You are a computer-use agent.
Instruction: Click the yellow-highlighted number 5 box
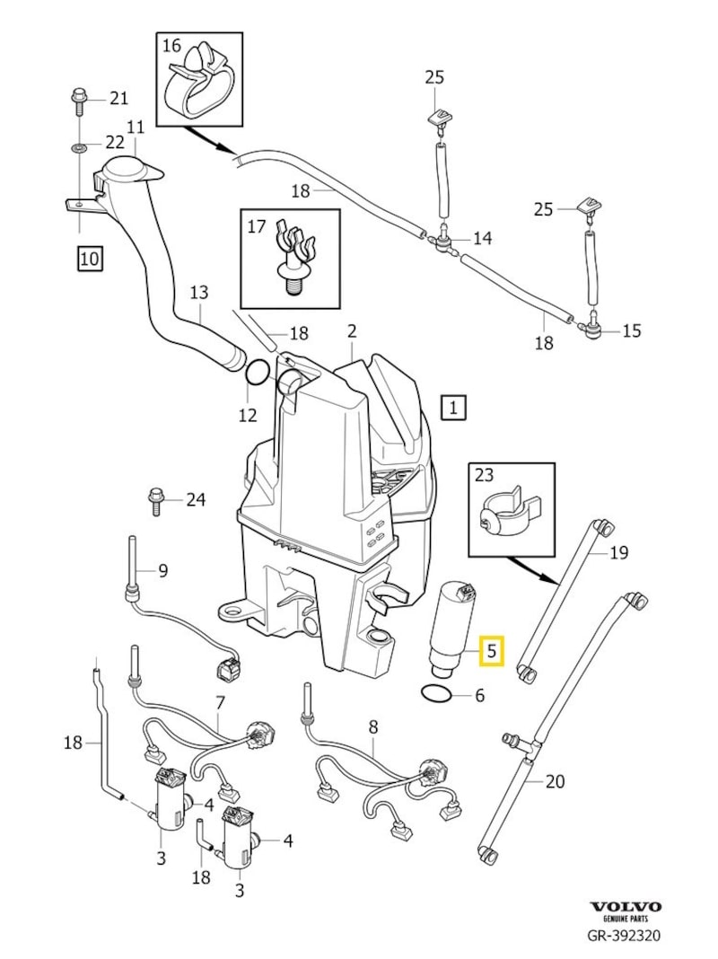tap(493, 650)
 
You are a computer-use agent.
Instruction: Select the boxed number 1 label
tap(454, 409)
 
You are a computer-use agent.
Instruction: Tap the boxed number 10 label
tap(90, 260)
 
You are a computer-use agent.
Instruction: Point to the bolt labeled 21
tap(77, 99)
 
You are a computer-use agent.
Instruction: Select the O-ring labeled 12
tap(257, 372)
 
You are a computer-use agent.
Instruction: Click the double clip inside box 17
tap(292, 252)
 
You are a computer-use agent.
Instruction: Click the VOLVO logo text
tap(625, 907)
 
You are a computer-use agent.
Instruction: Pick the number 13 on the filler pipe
tap(199, 293)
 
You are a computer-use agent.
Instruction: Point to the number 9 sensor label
tap(162, 569)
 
